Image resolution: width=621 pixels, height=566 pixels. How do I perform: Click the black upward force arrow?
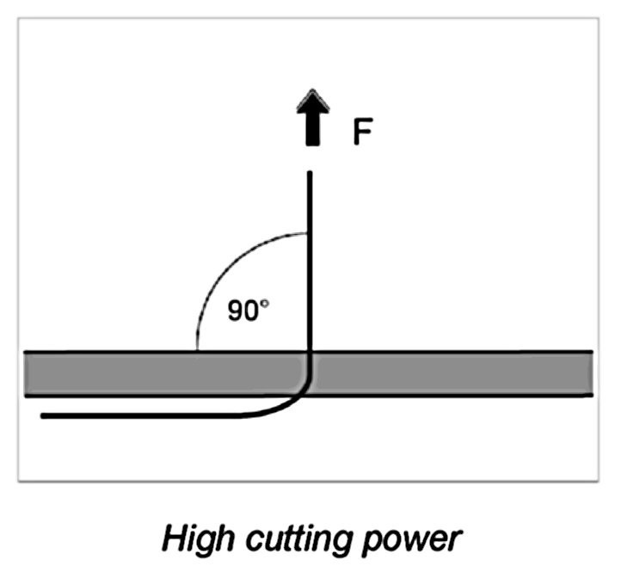tap(310, 121)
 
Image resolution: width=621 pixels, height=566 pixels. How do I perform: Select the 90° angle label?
tap(248, 311)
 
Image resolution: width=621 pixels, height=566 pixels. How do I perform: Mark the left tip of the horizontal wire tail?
tap(44, 416)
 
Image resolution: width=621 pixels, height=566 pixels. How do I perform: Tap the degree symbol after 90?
tap(265, 305)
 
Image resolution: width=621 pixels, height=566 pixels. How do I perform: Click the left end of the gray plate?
tap(28, 373)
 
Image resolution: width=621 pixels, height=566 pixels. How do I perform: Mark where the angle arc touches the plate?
tap(197, 350)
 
